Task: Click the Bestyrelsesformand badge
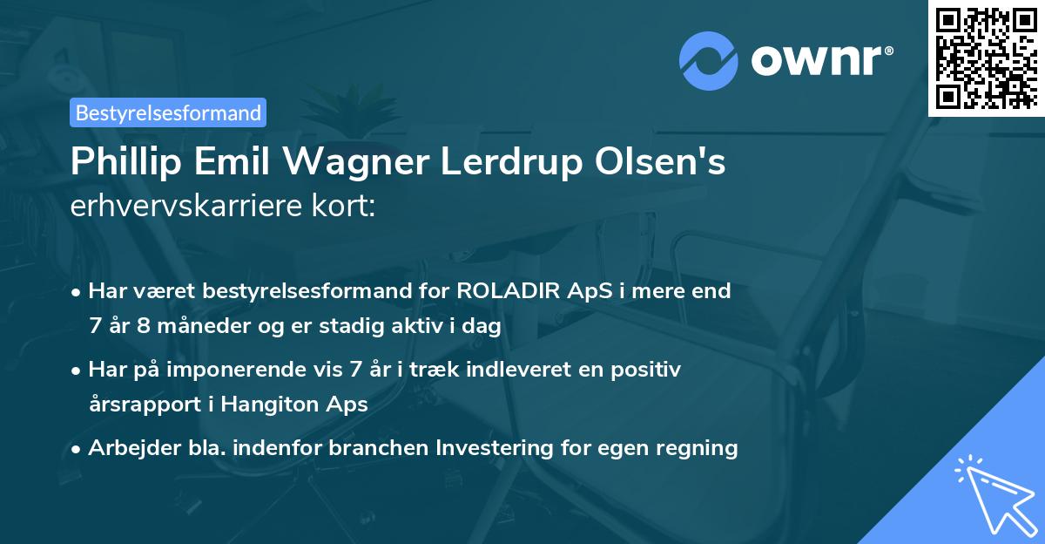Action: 168,112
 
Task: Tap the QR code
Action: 985,58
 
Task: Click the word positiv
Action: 648,370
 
